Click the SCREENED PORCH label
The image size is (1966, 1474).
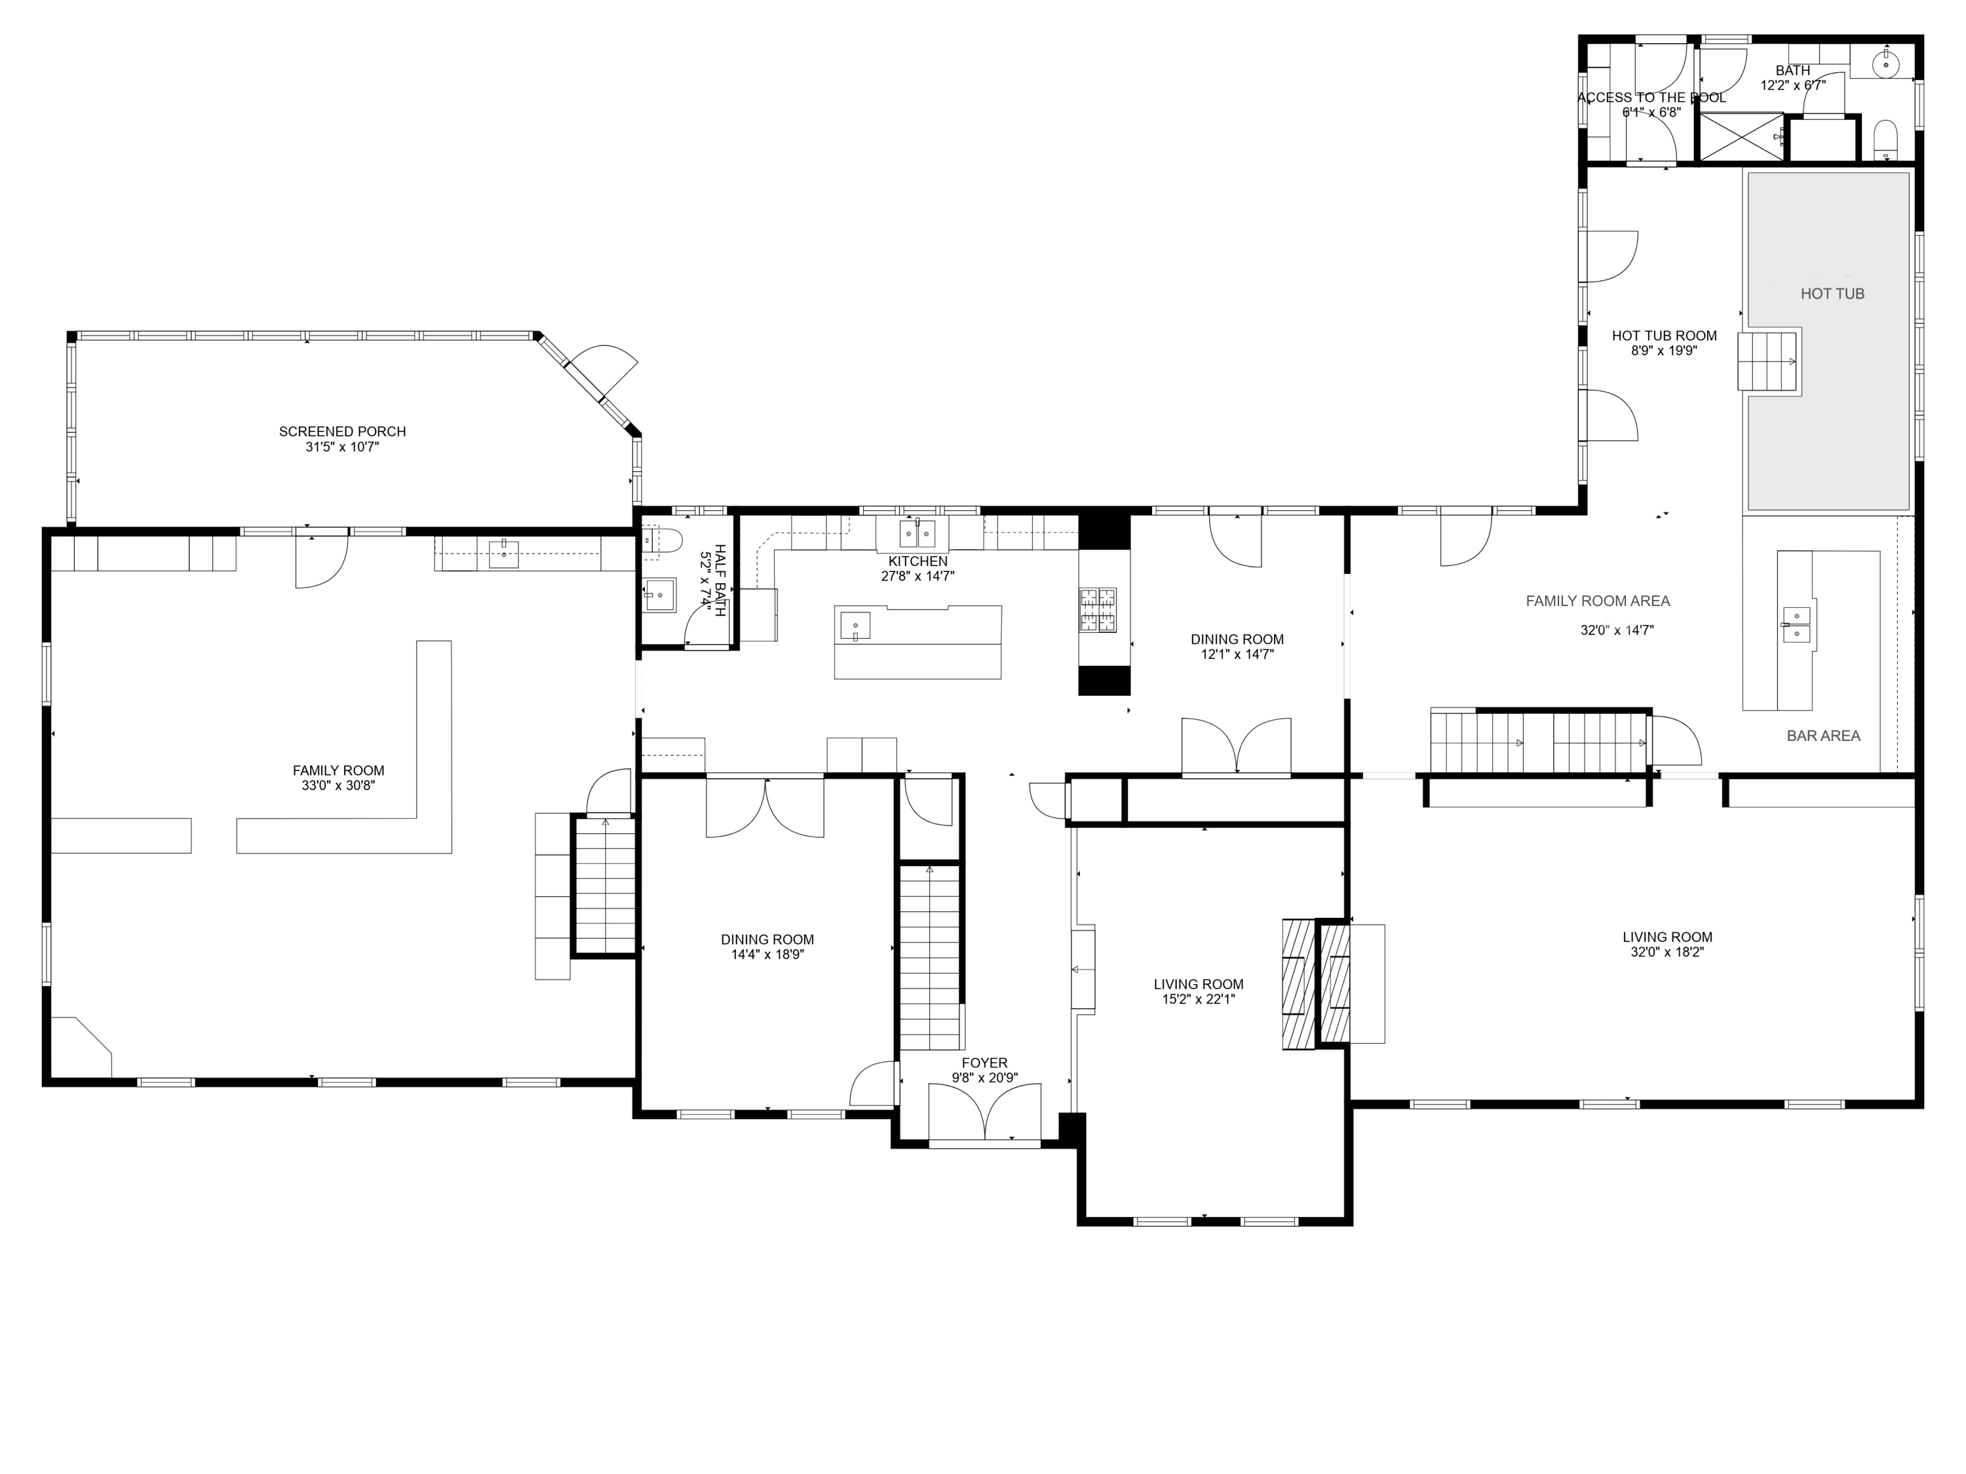coord(342,432)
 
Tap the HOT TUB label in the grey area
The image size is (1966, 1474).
coord(1832,294)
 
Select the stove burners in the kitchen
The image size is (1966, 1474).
coord(1098,611)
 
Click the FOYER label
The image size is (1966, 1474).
coord(984,1063)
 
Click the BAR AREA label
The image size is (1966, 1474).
coord(1823,736)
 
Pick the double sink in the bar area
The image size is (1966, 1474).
coord(1796,624)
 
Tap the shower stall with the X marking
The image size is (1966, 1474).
coord(1741,137)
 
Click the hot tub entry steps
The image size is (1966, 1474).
coord(1769,362)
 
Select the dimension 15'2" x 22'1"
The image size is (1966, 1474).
coord(1198,998)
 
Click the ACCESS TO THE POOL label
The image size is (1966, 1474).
coord(1651,98)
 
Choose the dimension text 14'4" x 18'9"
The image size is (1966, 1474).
coord(767,954)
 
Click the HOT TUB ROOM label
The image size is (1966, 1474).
coord(1664,336)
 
